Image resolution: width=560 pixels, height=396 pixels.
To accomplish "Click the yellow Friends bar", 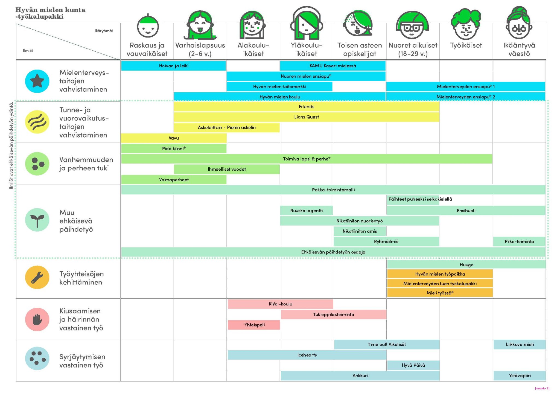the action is point(307,107).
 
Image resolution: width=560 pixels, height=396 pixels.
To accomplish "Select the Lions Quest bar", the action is point(307,117).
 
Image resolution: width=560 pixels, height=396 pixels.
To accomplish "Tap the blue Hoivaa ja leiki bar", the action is point(174,66).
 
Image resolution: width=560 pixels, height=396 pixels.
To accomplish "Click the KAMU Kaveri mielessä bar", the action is point(333,66).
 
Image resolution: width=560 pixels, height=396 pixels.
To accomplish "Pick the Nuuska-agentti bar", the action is point(307,211).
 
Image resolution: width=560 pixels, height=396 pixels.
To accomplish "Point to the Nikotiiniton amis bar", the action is point(360,231).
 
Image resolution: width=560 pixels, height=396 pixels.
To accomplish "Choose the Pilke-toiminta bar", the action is point(519,242).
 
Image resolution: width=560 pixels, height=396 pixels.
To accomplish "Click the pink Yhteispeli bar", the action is point(254,325).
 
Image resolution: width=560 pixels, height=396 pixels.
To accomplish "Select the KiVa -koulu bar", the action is point(280,304).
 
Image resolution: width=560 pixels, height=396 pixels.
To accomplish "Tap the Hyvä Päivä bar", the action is point(413,365).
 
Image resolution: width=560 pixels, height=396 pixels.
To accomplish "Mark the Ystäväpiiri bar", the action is point(520,376).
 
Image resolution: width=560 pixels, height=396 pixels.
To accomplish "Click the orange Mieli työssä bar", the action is point(440,293).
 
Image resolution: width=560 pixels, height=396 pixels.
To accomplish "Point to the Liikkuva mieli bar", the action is point(520,345).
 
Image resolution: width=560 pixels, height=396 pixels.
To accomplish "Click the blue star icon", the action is point(37,81).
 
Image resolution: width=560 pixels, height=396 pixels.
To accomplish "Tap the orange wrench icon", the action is point(37,277).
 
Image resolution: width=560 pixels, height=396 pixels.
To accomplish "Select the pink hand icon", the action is point(37,319).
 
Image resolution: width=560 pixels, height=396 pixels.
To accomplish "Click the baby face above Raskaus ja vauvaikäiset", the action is point(148,26).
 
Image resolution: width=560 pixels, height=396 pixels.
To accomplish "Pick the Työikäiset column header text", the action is point(466,45).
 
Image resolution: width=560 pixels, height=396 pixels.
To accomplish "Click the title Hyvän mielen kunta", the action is point(50,10).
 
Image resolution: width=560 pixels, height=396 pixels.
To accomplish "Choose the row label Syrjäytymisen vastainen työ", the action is point(82,361).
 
